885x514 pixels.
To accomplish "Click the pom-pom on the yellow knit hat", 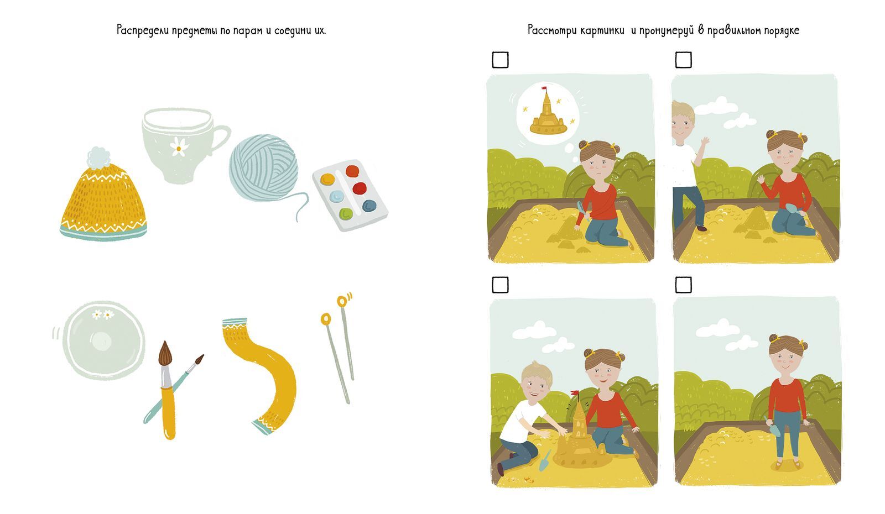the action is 98,158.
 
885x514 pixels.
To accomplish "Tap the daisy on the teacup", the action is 179,147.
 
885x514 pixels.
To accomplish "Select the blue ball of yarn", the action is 263,168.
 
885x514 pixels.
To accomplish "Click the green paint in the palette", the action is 346,213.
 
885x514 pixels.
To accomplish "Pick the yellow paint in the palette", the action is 327,179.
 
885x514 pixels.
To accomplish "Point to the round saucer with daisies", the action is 103,340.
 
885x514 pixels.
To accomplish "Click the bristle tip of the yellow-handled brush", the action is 165,353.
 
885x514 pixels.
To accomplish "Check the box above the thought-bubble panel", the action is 500,60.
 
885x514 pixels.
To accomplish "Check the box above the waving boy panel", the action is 684,60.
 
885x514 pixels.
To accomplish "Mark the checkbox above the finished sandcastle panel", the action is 500,285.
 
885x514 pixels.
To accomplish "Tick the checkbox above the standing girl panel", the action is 684,285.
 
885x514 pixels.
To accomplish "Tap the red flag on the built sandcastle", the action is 575,393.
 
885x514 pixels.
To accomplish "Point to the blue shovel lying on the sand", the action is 545,461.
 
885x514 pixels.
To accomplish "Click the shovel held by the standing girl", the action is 773,427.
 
